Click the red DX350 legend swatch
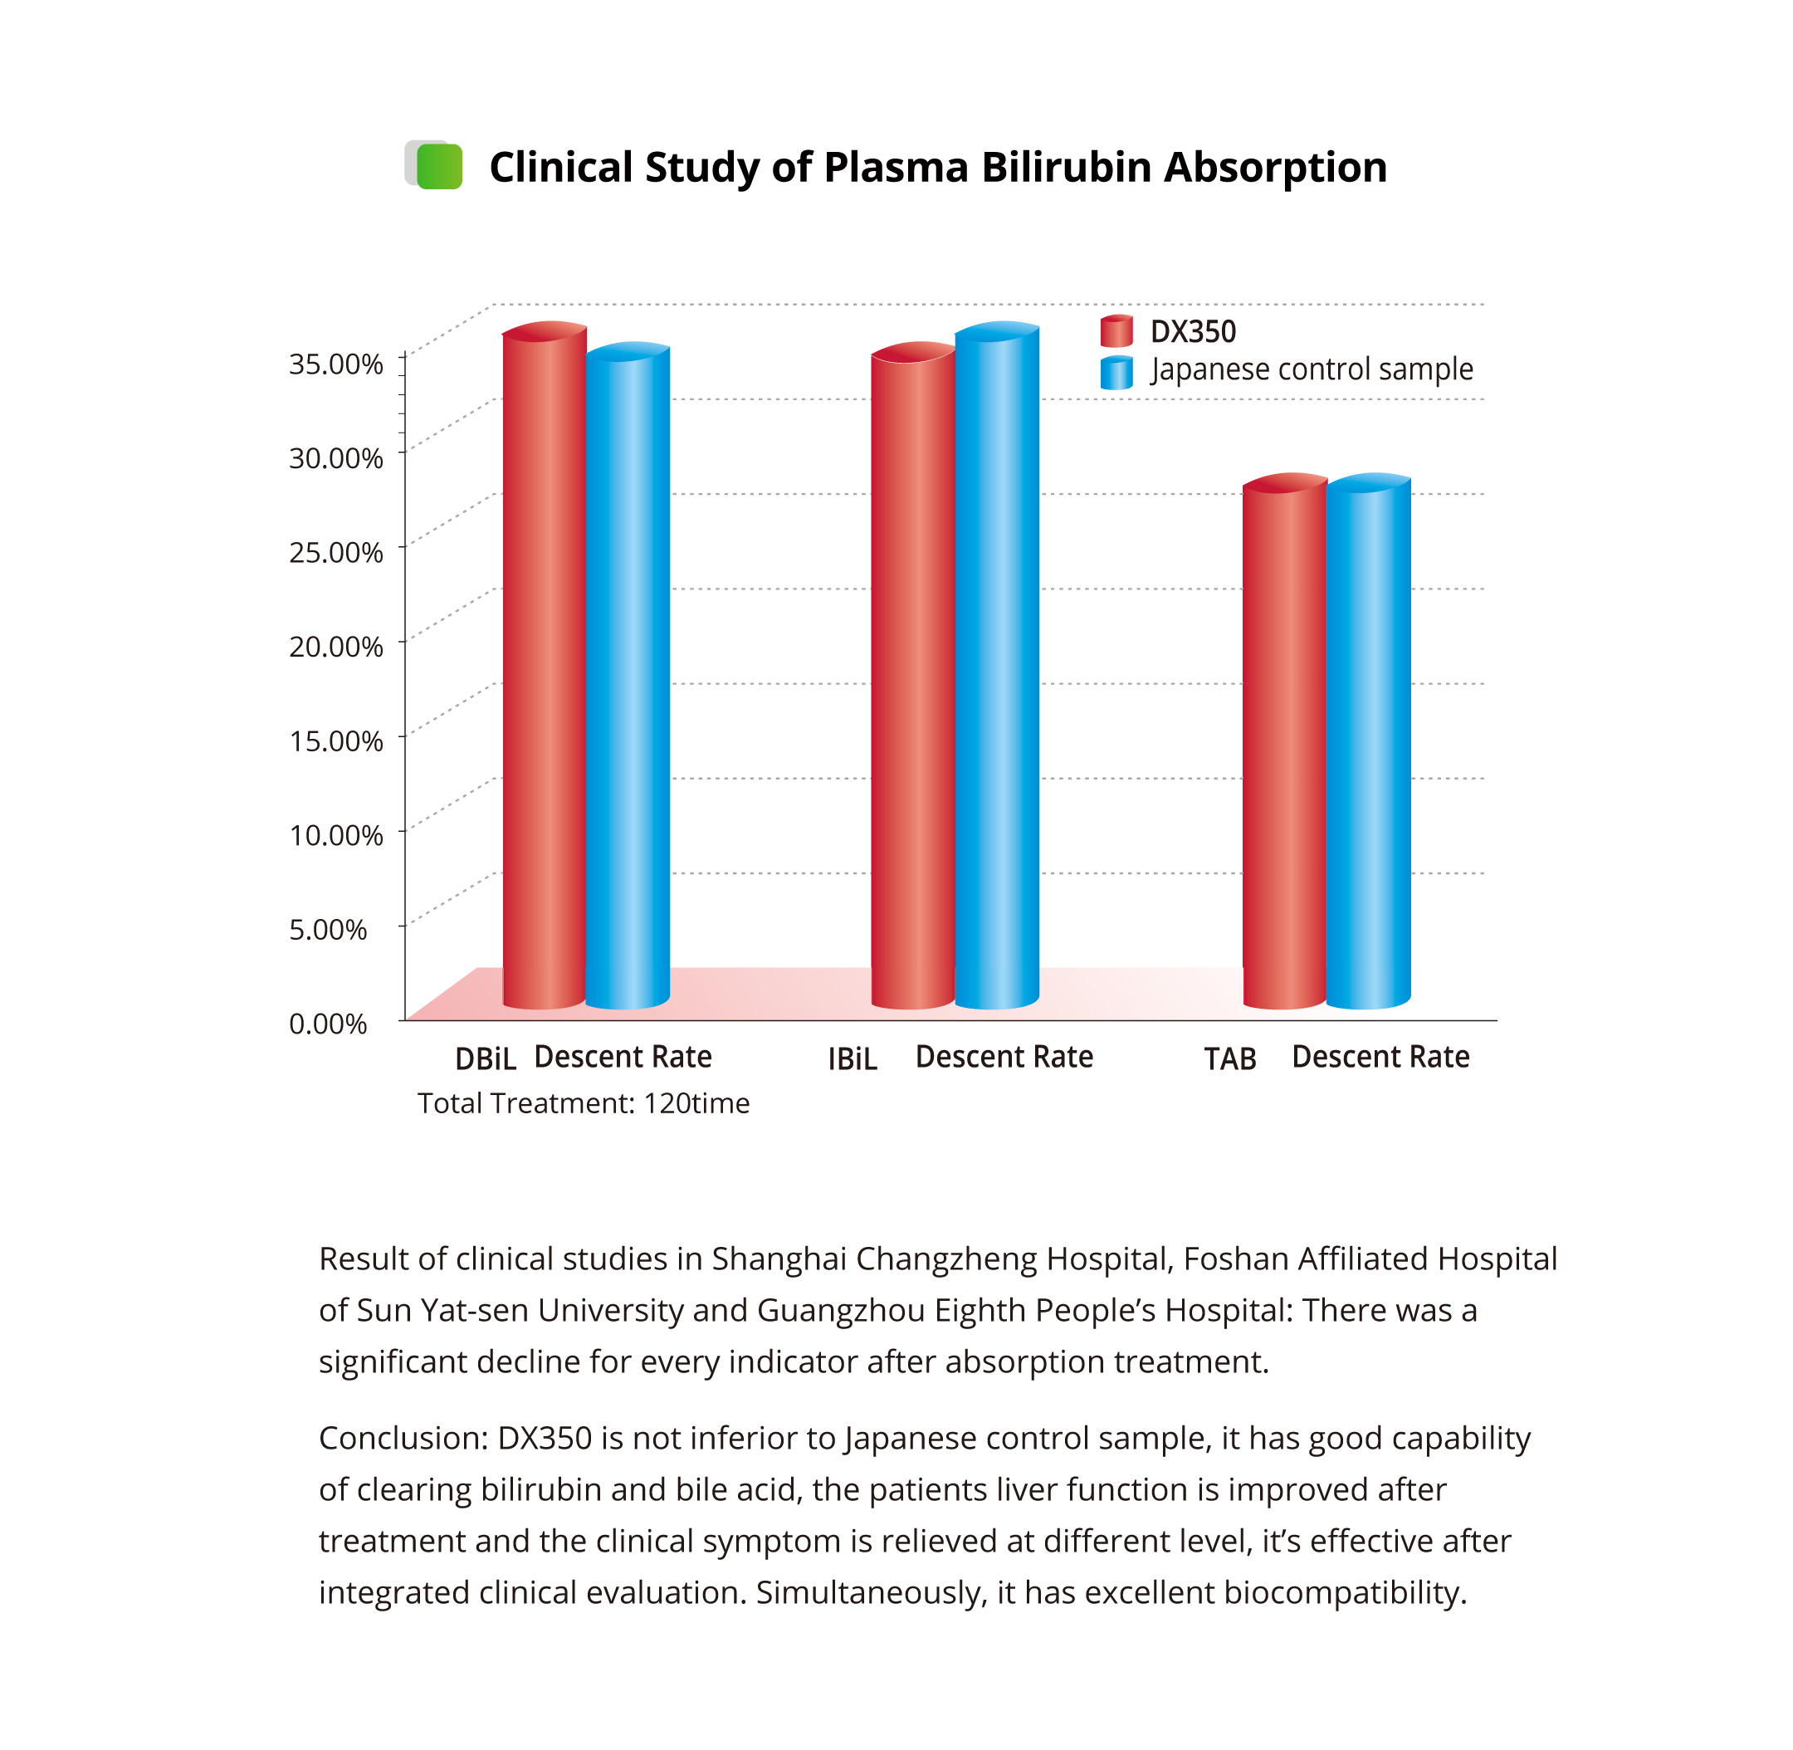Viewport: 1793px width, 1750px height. point(1116,331)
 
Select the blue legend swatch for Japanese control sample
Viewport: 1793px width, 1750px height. point(1116,372)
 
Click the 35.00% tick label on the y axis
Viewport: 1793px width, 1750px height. point(335,364)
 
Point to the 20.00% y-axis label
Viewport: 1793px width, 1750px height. point(335,647)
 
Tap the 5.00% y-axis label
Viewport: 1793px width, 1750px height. point(327,929)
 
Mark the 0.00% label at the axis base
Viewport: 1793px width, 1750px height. point(327,1024)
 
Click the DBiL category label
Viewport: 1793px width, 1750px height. point(486,1060)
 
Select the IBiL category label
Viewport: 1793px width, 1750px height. point(852,1060)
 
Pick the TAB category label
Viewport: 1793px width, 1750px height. point(1229,1060)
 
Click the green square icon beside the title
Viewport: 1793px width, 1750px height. point(438,166)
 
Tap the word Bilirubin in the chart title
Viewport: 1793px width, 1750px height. point(1066,168)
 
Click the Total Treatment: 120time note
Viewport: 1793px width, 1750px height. point(584,1103)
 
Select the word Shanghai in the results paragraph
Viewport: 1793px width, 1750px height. point(779,1259)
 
